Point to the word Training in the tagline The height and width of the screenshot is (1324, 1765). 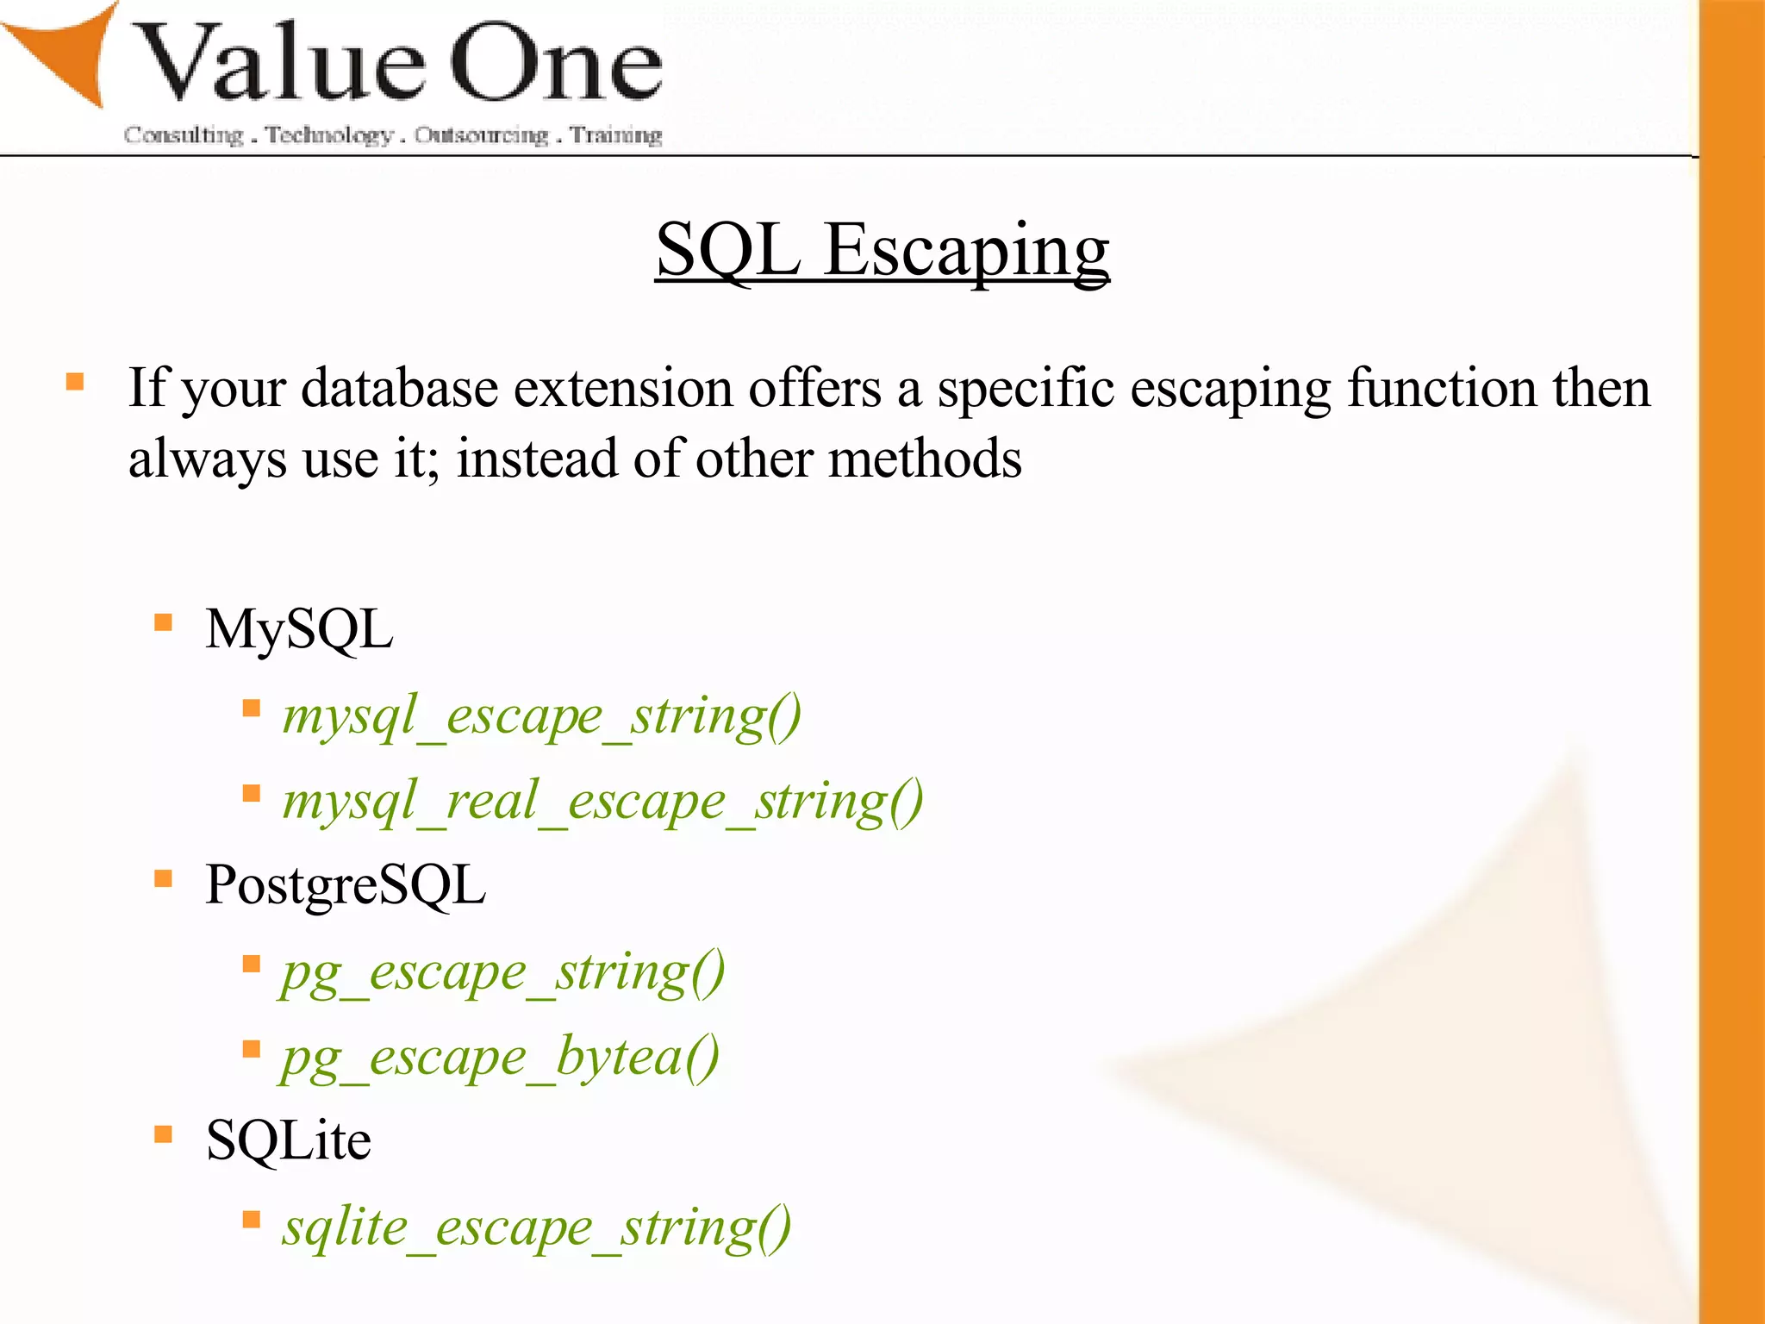point(616,135)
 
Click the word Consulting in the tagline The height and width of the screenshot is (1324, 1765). point(184,135)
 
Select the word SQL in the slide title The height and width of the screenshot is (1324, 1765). point(728,250)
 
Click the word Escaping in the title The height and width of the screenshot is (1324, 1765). point(966,250)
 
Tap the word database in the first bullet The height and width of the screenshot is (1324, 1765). point(399,388)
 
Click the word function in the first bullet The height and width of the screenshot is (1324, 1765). point(1442,388)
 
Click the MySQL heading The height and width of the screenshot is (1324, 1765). point(299,629)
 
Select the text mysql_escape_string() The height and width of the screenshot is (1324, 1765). point(542,715)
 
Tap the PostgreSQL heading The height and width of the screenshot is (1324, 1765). point(346,885)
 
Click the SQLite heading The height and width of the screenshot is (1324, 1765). point(289,1141)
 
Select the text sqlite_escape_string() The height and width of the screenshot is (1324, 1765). point(537,1227)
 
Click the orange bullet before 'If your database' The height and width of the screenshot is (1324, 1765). point(75,381)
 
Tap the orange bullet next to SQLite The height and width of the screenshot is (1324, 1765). point(163,1134)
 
